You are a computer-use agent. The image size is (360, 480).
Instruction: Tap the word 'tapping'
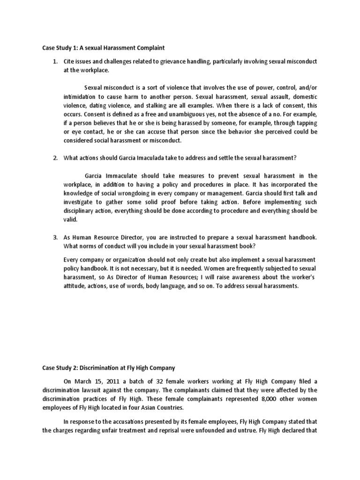point(306,123)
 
